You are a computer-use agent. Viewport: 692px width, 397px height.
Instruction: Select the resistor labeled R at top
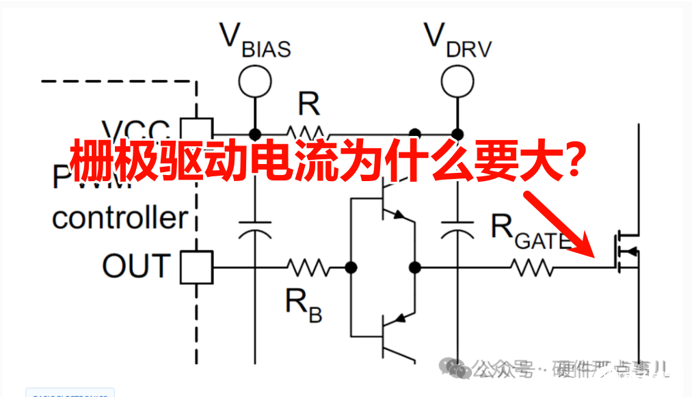(x=306, y=132)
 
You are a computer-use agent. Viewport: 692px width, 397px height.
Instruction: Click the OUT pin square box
(x=196, y=267)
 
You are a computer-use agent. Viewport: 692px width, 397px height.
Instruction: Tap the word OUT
(x=136, y=266)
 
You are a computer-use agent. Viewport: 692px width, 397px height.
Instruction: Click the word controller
(x=119, y=218)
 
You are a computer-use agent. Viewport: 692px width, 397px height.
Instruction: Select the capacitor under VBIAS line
(x=254, y=229)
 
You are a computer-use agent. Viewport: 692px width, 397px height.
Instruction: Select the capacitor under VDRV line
(x=457, y=229)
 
